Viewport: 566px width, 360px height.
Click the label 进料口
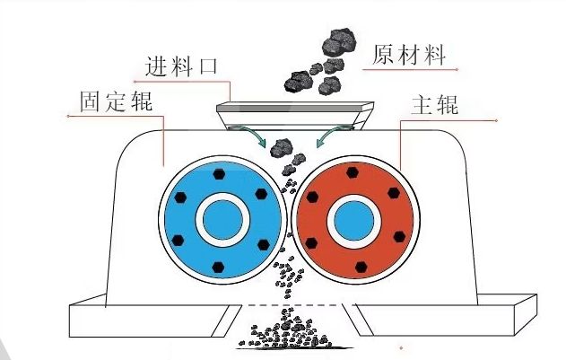point(180,66)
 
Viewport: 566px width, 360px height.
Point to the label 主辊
point(434,105)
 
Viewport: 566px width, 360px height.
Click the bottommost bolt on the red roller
point(360,266)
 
